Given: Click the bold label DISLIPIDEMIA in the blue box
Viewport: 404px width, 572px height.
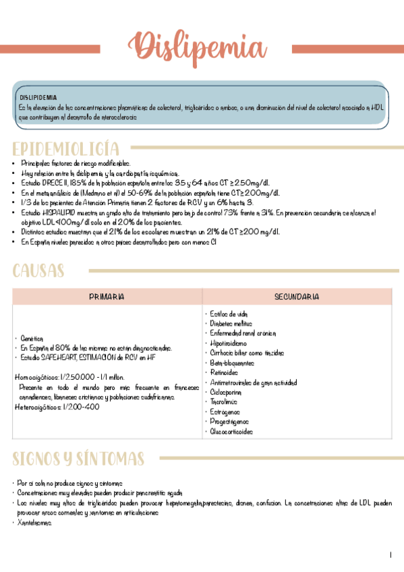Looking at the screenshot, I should point(38,97).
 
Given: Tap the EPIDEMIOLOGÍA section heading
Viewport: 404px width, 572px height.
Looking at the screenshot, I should point(66,149).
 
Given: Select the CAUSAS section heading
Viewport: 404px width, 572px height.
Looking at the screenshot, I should point(39,271).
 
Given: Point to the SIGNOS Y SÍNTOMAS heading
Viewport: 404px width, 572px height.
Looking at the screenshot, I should point(78,459).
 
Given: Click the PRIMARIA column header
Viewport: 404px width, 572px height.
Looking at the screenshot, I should point(107,297).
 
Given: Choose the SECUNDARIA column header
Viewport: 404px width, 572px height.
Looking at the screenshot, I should point(296,297).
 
